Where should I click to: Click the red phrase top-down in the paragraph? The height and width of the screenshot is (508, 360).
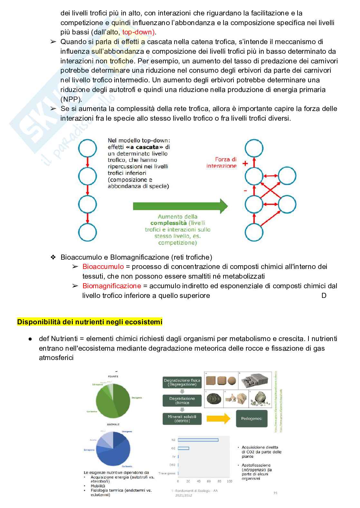pyautogui.click(x=138, y=32)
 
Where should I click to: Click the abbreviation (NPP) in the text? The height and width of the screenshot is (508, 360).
pyautogui.click(x=71, y=99)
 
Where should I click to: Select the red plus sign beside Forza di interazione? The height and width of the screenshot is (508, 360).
pyautogui.click(x=245, y=163)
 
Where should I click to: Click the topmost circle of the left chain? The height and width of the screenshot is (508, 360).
pyautogui.click(x=88, y=149)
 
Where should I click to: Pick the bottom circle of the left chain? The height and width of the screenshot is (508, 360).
pyautogui.click(x=88, y=232)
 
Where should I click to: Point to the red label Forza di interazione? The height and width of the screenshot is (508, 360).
pyautogui.click(x=222, y=162)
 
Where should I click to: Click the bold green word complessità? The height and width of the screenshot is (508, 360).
pyautogui.click(x=168, y=223)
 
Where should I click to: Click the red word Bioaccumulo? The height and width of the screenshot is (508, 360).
pyautogui.click(x=103, y=267)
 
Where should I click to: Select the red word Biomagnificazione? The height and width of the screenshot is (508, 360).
pyautogui.click(x=112, y=286)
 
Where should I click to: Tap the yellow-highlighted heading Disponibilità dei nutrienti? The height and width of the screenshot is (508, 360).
pyautogui.click(x=90, y=322)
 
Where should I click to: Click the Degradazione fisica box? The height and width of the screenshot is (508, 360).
pyautogui.click(x=182, y=382)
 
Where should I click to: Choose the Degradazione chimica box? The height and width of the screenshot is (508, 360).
pyautogui.click(x=182, y=401)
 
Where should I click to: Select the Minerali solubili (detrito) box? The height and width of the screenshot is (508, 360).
pyautogui.click(x=182, y=419)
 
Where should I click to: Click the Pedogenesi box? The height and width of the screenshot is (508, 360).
pyautogui.click(x=251, y=419)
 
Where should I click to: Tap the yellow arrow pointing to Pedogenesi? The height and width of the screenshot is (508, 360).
pyautogui.click(x=219, y=419)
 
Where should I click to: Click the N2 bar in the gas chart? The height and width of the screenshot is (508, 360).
pyautogui.click(x=198, y=440)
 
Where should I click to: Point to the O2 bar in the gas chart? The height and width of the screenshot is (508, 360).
pyautogui.click(x=184, y=448)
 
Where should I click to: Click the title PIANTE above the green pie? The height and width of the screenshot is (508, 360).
pyautogui.click(x=113, y=376)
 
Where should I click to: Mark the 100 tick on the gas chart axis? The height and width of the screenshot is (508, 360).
pyautogui.click(x=230, y=481)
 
